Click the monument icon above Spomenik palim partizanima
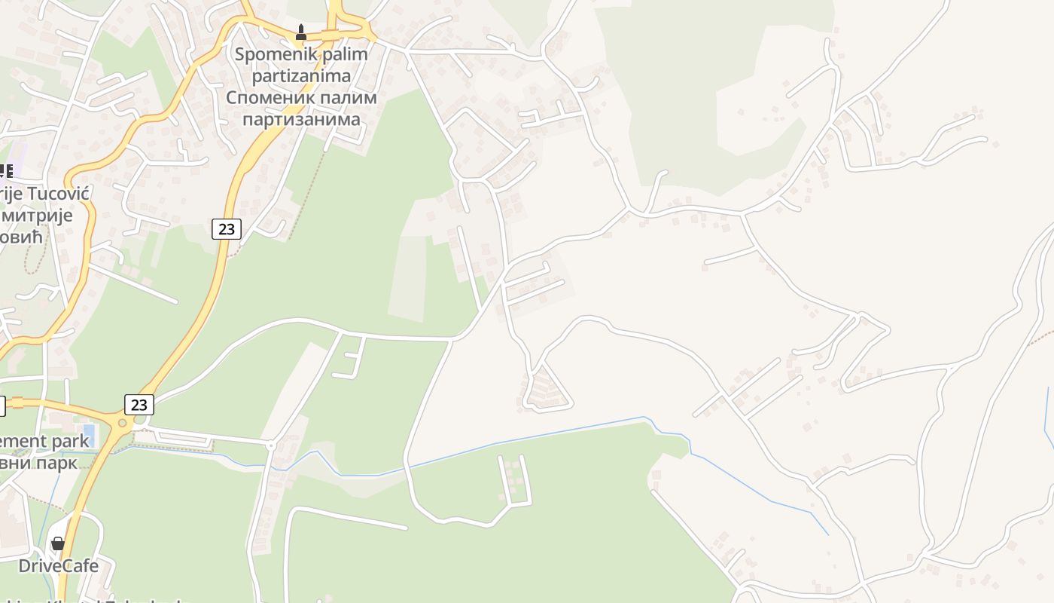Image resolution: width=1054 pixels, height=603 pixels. point(301,32)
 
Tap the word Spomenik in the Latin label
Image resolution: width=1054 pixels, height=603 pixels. point(268,54)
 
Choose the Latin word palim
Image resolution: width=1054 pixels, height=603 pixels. point(334,54)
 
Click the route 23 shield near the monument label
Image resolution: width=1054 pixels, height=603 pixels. point(226,228)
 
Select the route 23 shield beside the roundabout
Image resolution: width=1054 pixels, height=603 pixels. point(139,405)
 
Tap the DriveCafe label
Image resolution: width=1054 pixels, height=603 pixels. point(58,565)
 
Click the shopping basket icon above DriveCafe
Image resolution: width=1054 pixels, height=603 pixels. point(58,543)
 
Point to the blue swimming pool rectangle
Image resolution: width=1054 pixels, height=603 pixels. point(89,434)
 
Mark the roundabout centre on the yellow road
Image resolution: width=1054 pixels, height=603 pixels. point(120,423)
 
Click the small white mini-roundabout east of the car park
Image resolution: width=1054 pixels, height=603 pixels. point(271,445)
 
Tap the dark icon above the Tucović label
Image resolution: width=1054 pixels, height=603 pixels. point(6,171)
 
